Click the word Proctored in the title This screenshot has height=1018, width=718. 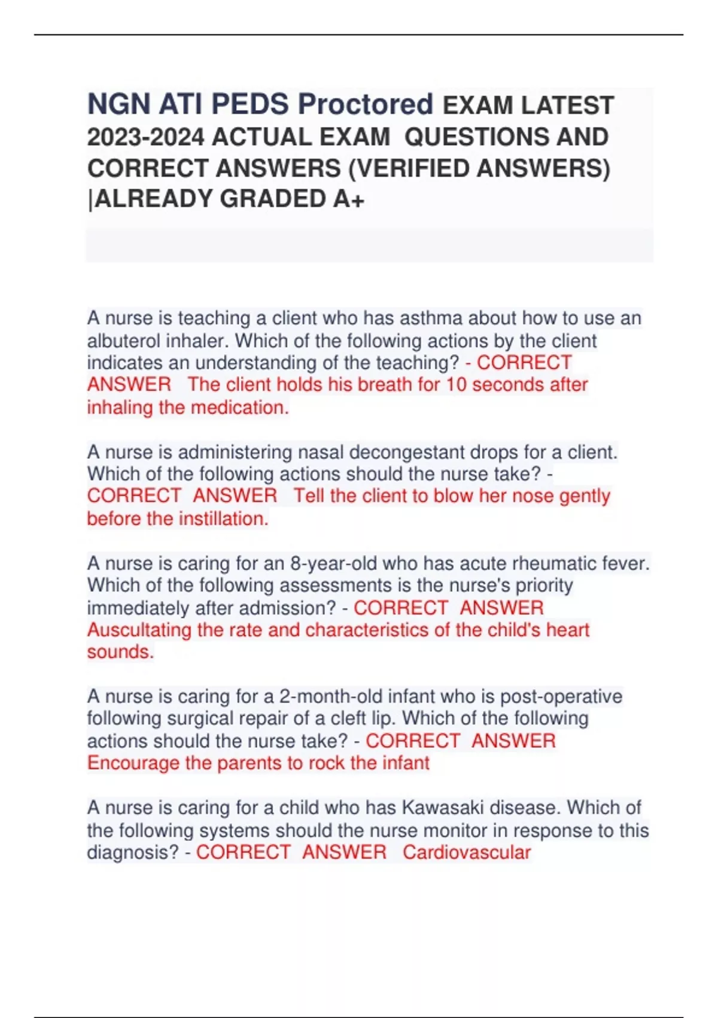point(365,104)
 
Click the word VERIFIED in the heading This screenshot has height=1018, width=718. point(413,168)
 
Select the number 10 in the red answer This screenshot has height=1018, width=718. point(456,384)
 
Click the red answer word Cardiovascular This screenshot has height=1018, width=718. point(466,852)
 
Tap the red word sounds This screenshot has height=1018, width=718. point(120,652)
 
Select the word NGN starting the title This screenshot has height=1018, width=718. point(118,104)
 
